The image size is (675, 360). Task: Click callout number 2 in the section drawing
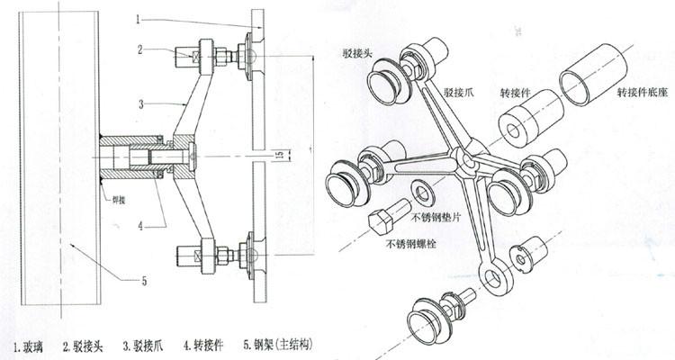tap(140, 50)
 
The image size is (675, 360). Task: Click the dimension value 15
tap(280, 155)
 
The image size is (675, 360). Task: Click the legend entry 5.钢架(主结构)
tap(280, 344)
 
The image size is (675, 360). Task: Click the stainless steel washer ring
tap(421, 191)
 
